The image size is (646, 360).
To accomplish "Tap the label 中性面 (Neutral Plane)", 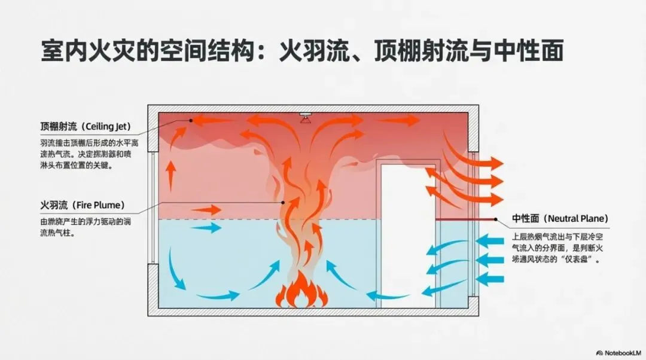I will pos(560,219).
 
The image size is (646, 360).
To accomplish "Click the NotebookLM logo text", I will pos(617,352).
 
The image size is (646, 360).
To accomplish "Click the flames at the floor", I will pos(301,293).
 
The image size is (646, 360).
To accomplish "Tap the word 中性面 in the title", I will pos(529,51).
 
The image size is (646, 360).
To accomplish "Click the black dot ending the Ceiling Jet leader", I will pos(191,120).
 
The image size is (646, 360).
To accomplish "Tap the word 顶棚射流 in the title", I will pos(406,51).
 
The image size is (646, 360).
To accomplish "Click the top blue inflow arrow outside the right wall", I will pos(490,241).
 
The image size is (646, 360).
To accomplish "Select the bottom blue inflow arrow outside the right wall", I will pos(490,278).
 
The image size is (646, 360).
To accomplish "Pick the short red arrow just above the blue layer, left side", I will pos(206,210).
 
